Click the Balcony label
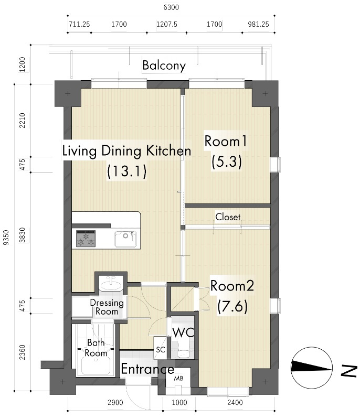164,66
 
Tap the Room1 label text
226,141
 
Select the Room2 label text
232,286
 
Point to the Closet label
228,217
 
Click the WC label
183,332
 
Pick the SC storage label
161,350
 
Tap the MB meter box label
178,379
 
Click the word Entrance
147,369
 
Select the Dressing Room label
107,307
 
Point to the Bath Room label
96,348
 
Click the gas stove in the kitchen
86,239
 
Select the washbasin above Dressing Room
111,284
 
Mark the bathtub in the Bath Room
96,366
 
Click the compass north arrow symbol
312,368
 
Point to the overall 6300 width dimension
171,7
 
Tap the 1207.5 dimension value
167,24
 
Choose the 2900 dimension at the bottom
115,402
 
